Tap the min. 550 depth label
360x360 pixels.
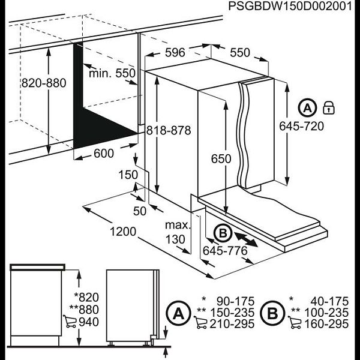[x=112, y=74]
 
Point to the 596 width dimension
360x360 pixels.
[x=175, y=53]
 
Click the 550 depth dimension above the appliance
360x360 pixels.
[x=239, y=53]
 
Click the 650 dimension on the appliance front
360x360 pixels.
[x=221, y=158]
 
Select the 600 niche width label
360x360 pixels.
[x=103, y=154]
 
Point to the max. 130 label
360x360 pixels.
[x=178, y=232]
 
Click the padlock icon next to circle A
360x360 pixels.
[x=328, y=109]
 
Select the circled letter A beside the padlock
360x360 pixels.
[x=307, y=109]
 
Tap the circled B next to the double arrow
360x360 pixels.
[x=221, y=233]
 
